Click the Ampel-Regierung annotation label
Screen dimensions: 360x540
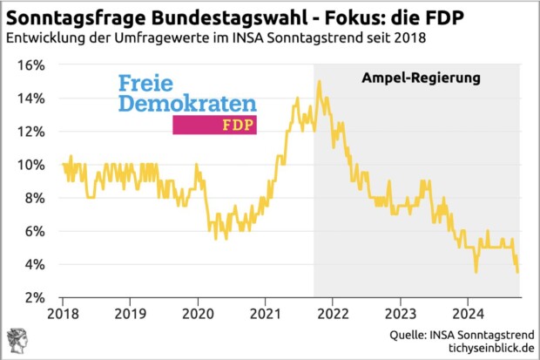[422, 78]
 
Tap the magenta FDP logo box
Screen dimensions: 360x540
[215, 125]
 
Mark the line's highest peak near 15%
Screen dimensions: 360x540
[320, 81]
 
